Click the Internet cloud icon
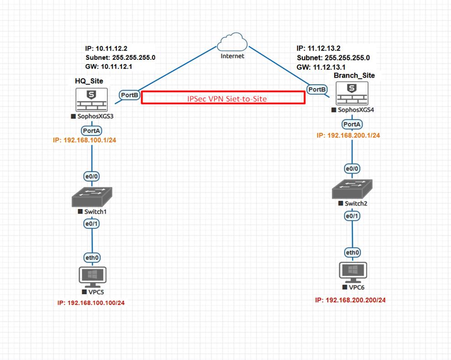[x=232, y=42]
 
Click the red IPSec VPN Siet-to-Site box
[x=223, y=98]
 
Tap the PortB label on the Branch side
[x=317, y=90]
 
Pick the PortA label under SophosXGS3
[x=92, y=131]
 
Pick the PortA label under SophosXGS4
[x=352, y=124]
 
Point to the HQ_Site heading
[x=89, y=81]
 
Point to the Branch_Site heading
[x=355, y=75]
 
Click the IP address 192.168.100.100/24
[x=91, y=303]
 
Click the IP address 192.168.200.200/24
[x=350, y=300]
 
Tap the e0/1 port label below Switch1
[x=92, y=223]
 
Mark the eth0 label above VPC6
[x=352, y=252]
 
